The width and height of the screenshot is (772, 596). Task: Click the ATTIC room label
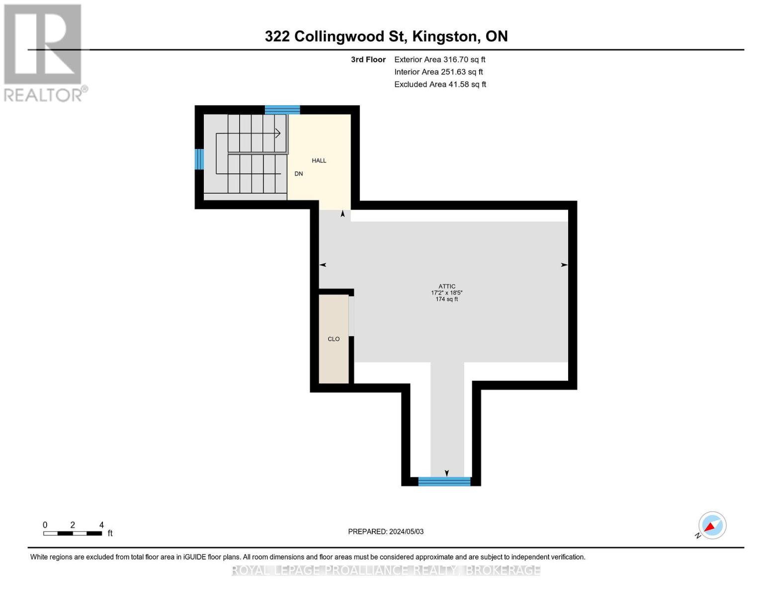click(446, 286)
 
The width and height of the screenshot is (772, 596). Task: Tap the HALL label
click(319, 160)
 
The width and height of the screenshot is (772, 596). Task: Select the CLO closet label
click(334, 339)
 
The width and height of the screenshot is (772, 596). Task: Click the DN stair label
click(299, 174)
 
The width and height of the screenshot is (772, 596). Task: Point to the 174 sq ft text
click(446, 299)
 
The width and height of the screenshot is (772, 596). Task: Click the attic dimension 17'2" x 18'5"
click(446, 293)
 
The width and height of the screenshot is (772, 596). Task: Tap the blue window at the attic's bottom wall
click(444, 481)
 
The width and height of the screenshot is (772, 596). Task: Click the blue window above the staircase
click(282, 110)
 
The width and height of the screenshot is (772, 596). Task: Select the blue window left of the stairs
click(199, 159)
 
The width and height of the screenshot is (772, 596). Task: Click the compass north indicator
click(712, 525)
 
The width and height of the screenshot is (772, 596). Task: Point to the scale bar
click(73, 533)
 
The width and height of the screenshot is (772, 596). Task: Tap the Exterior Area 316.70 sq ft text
click(439, 60)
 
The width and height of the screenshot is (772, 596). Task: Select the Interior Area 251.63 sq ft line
click(438, 72)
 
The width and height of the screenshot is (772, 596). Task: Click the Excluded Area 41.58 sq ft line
click(440, 84)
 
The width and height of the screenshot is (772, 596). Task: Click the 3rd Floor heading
click(368, 60)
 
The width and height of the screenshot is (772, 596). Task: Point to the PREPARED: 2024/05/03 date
click(386, 531)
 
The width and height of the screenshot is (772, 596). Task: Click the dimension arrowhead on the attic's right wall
click(564, 265)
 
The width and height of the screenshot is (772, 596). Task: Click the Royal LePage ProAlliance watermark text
click(386, 570)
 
